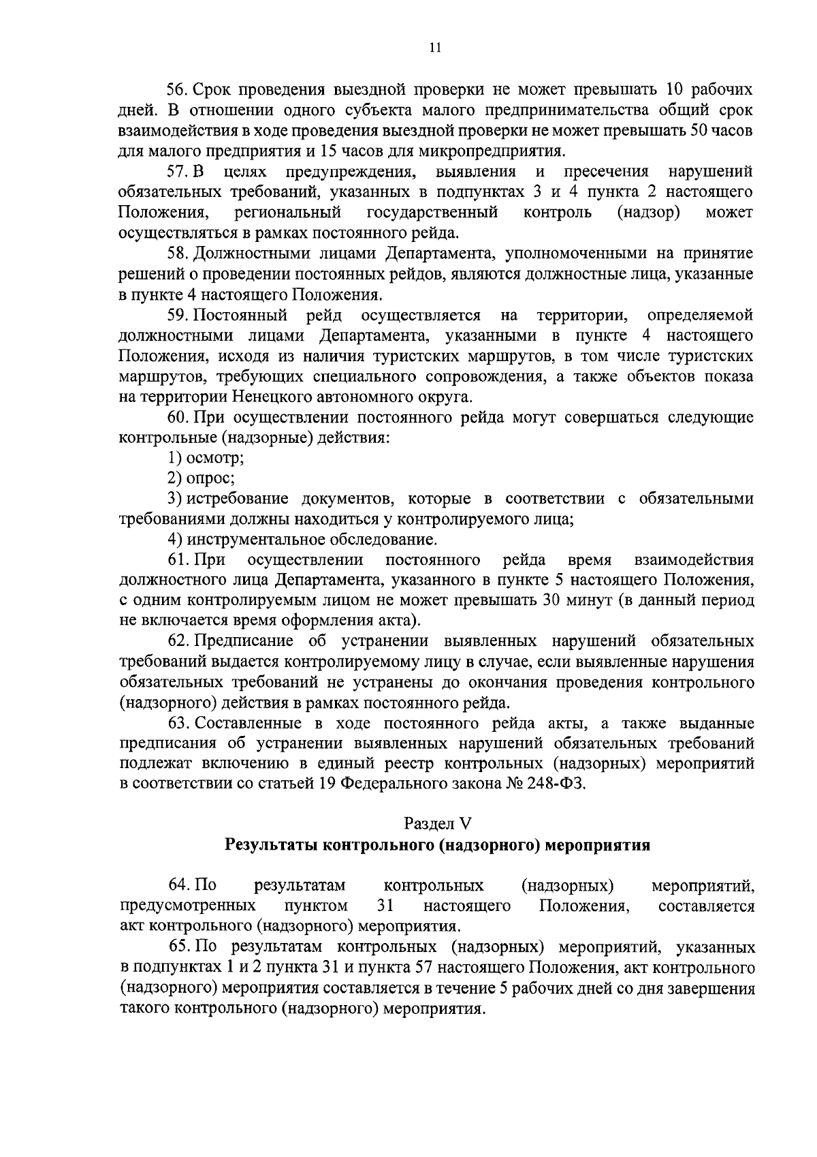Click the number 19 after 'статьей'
[325, 784]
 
